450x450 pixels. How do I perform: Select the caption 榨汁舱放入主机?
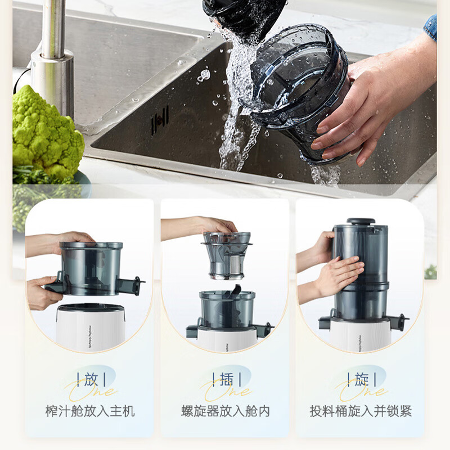pos(90,411)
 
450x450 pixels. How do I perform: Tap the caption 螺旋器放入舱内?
pos(226,411)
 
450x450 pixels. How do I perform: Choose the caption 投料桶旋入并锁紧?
pos(361,411)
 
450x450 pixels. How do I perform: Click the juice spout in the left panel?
pos(135,283)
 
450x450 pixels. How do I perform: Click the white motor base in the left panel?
pos(90,326)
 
